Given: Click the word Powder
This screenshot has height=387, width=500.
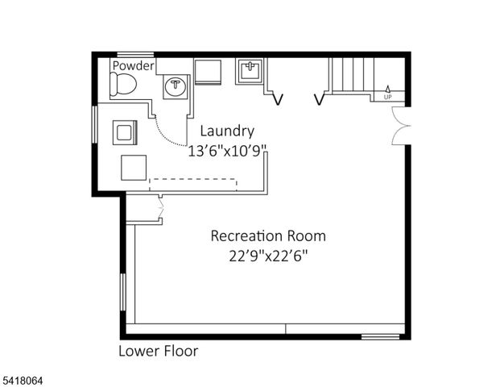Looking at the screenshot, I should pyautogui.click(x=133, y=65).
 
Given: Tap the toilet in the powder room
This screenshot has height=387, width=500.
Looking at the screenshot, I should pyautogui.click(x=125, y=83).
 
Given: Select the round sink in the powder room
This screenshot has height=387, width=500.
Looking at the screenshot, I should pyautogui.click(x=176, y=85).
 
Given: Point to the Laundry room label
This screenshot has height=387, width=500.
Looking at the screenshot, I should pyautogui.click(x=227, y=131).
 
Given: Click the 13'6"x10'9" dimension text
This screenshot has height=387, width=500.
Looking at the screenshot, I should pyautogui.click(x=227, y=150).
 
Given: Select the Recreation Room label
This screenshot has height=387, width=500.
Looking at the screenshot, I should pyautogui.click(x=268, y=236).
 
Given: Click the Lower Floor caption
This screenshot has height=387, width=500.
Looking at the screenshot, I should pyautogui.click(x=158, y=351).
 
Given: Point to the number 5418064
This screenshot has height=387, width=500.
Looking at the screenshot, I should pyautogui.click(x=28, y=376).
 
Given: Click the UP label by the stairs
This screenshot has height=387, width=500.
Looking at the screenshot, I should pyautogui.click(x=387, y=97).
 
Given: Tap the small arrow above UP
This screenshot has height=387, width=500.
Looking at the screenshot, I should pyautogui.click(x=387, y=89).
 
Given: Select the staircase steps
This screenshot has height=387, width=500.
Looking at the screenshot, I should pyautogui.click(x=351, y=76).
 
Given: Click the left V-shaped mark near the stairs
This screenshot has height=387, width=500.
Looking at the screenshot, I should pyautogui.click(x=279, y=100).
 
